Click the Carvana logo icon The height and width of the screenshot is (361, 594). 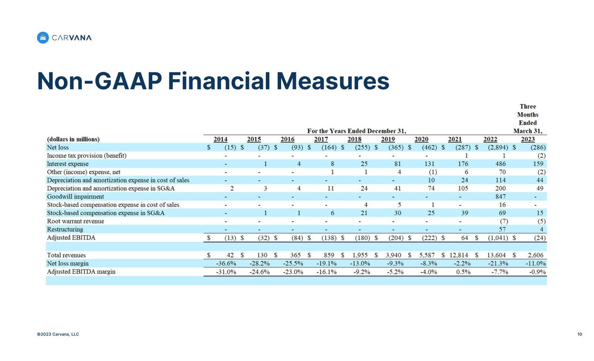pyautogui.click(x=43, y=38)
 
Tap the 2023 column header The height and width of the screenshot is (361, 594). pyautogui.click(x=527, y=139)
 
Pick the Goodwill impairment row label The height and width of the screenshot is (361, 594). pyautogui.click(x=75, y=197)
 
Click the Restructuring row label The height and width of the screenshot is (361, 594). pyautogui.click(x=65, y=229)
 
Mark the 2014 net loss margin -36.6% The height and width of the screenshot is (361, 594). pyautogui.click(x=226, y=263)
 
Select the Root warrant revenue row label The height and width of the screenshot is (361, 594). pyautogui.click(x=75, y=221)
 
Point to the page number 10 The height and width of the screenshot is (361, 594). pyautogui.click(x=580, y=334)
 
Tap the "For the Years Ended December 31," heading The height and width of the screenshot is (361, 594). pyautogui.click(x=356, y=131)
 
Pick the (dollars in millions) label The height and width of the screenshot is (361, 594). pyautogui.click(x=73, y=139)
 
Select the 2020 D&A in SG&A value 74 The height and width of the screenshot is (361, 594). pyautogui.click(x=430, y=189)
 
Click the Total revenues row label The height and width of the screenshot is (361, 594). pyautogui.click(x=66, y=255)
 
